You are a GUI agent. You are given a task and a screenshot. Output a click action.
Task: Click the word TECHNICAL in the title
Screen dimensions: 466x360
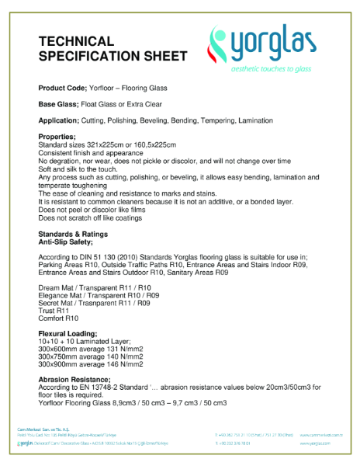(76, 41)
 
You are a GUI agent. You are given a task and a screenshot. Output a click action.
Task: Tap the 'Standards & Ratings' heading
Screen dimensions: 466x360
(73, 234)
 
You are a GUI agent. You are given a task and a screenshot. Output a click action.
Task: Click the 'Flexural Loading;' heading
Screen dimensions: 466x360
(67, 334)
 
